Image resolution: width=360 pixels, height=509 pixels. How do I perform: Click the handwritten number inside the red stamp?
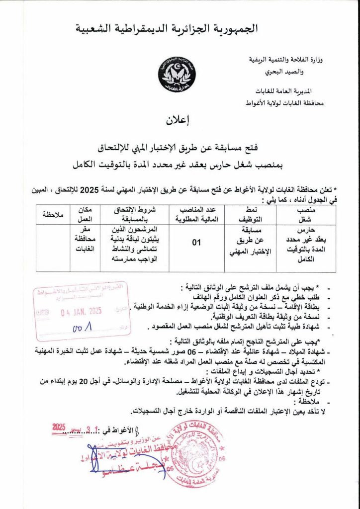(x=80, y=329)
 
